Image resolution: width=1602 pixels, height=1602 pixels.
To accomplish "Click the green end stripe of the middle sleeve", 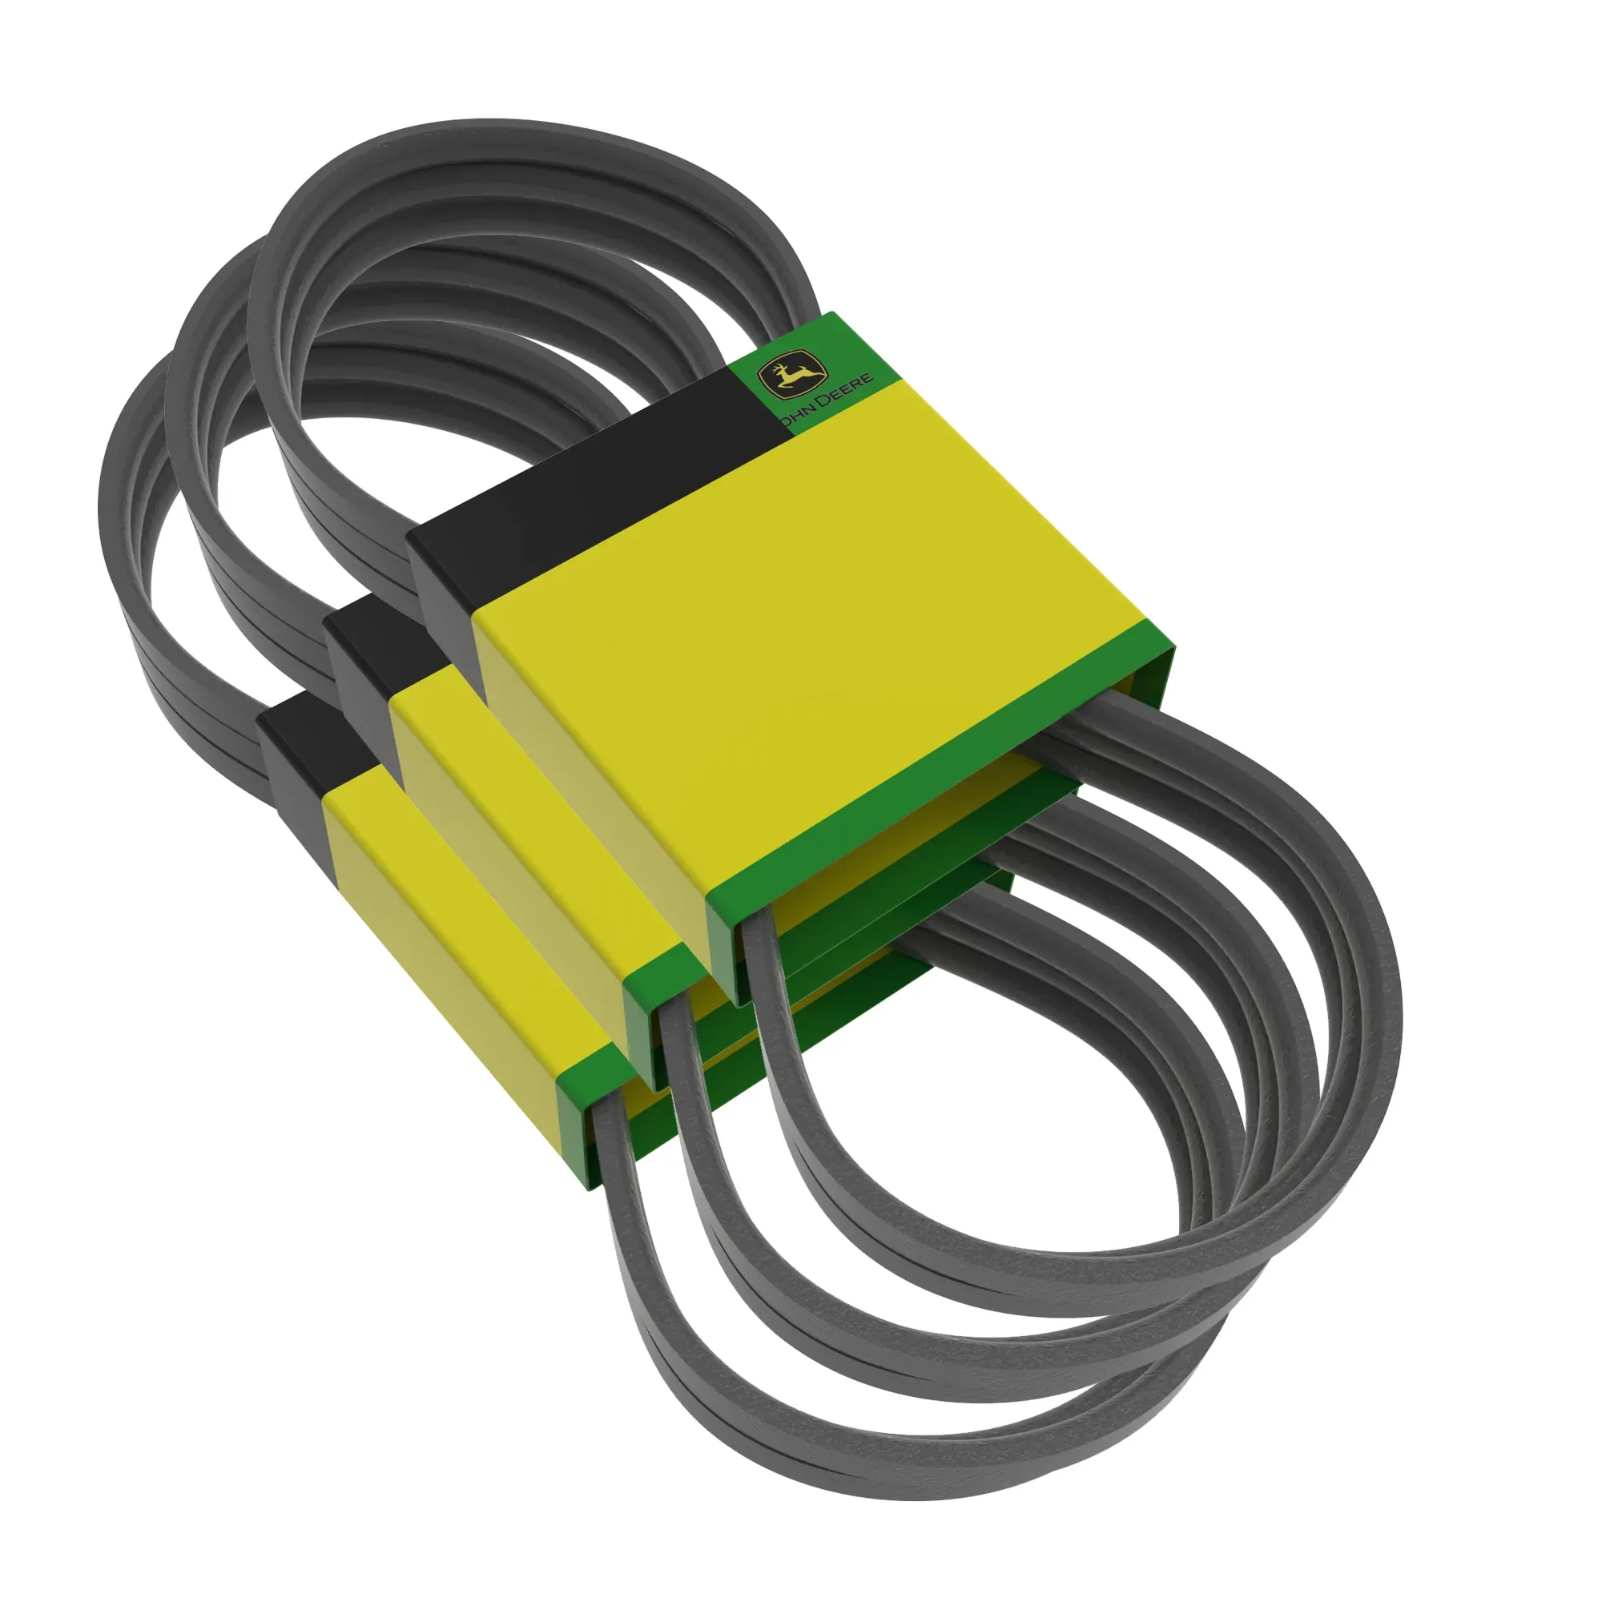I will point(663,970).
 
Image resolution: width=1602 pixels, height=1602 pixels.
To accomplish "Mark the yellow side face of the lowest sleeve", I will point(448,995).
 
